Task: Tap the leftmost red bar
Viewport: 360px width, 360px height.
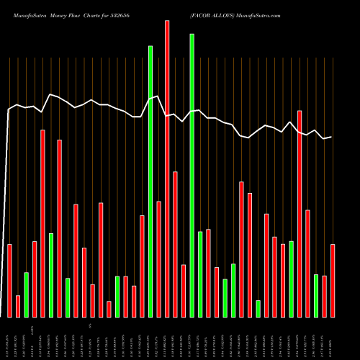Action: tap(10, 281)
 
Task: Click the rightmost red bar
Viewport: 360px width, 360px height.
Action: tap(333, 281)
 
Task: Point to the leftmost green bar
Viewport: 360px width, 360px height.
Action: tap(27, 294)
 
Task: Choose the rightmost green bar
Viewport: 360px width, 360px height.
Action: tap(316, 296)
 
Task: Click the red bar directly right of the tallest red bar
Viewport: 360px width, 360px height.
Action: tap(175, 244)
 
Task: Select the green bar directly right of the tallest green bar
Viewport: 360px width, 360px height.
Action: tap(200, 274)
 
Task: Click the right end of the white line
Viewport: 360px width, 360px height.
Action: tap(331, 137)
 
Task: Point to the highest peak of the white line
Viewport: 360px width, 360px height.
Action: tap(50, 94)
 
